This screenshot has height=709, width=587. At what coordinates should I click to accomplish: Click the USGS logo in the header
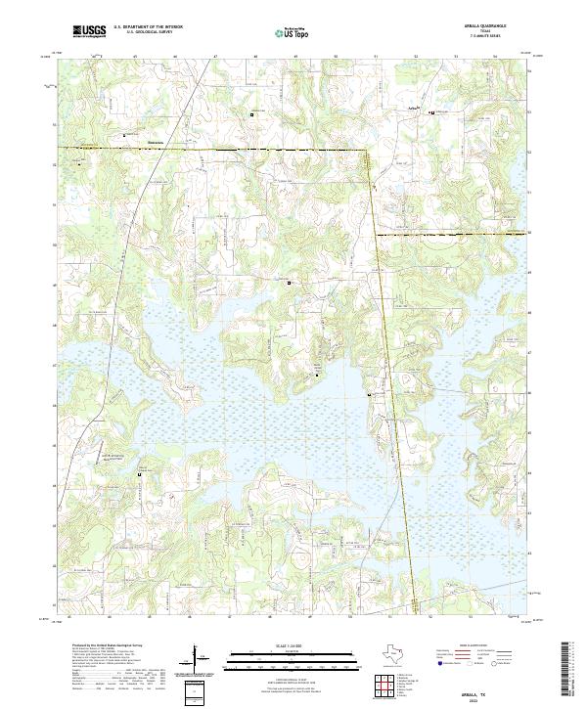pyautogui.click(x=90, y=31)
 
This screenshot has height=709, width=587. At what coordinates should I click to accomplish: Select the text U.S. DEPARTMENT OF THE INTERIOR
pyautogui.click(x=148, y=28)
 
